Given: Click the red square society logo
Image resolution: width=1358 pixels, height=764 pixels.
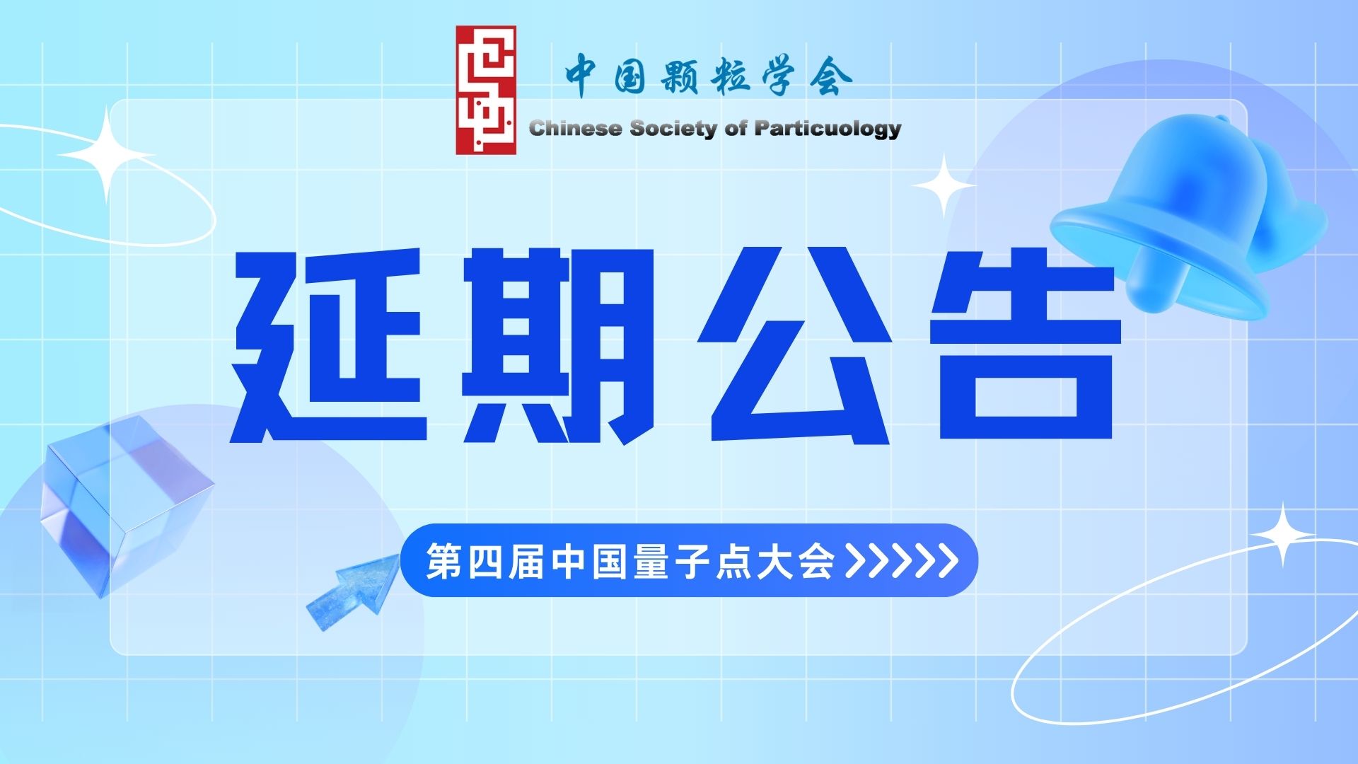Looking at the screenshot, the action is click(x=486, y=91).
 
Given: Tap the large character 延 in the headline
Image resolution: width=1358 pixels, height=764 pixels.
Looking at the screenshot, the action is click(x=329, y=345).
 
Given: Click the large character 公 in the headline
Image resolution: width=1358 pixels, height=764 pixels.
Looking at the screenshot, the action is click(x=794, y=345).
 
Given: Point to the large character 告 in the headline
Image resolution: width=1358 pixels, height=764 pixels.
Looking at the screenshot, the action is click(x=1026, y=345).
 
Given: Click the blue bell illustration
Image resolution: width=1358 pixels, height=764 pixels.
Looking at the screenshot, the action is click(x=1188, y=216).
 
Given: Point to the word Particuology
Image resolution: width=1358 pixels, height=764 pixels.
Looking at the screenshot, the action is click(x=828, y=129).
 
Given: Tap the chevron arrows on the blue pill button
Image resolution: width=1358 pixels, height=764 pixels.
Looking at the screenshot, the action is click(x=903, y=561).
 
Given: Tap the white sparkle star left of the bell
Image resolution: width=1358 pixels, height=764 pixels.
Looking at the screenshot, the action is click(x=944, y=186).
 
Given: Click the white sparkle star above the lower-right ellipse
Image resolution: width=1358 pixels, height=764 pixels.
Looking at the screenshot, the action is click(x=1283, y=534).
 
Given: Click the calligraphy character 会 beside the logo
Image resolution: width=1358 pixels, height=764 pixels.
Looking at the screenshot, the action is click(x=831, y=75).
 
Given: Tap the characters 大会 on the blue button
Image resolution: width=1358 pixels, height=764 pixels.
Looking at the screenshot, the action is click(x=796, y=561).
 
